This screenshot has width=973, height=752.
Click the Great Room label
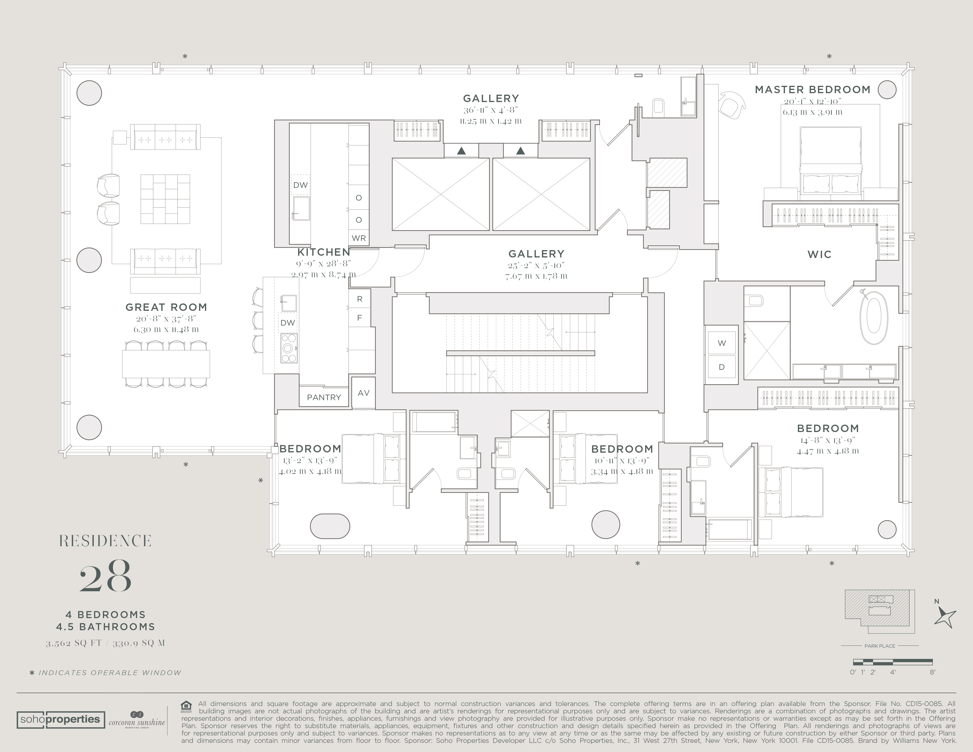tap(166, 307)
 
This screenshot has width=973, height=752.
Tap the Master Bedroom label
tap(813, 90)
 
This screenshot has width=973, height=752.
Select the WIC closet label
tap(819, 255)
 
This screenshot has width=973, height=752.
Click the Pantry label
tap(324, 398)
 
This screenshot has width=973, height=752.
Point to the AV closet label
tap(364, 393)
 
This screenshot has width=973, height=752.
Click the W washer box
tap(722, 343)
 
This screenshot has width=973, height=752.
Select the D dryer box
tap(722, 367)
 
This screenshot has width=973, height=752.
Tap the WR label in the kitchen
tap(359, 238)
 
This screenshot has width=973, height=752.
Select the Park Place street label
tap(880, 646)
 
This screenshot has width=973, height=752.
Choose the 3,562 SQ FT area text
tap(74, 643)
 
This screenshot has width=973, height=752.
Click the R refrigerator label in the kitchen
tap(359, 299)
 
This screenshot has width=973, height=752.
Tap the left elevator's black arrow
tap(461, 151)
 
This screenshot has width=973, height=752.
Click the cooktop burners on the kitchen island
tap(289, 348)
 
